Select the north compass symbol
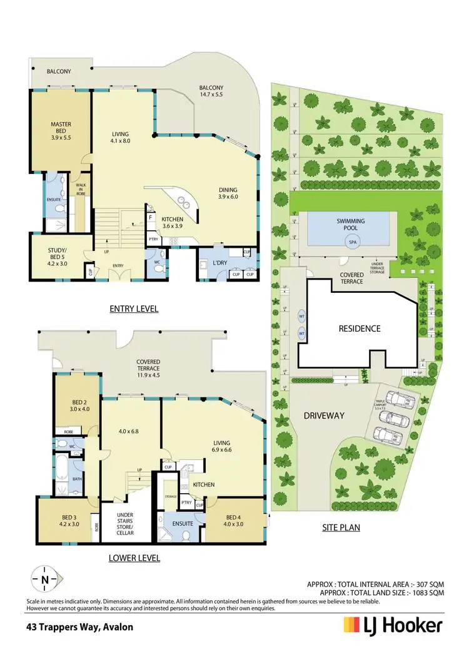[44, 580]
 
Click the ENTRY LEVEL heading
[134, 309]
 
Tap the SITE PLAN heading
[341, 528]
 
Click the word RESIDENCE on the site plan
[359, 328]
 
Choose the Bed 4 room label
[232, 521]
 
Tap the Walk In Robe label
[81, 189]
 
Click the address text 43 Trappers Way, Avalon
[79, 625]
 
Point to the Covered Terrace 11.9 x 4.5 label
[148, 365]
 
